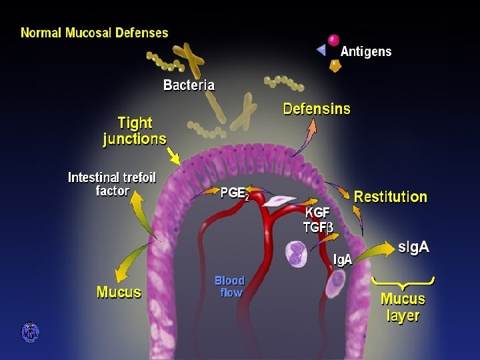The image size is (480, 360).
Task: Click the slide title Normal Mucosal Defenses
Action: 95,32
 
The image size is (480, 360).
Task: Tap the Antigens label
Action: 366,51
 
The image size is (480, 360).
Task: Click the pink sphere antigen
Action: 333,40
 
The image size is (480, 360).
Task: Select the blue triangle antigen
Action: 321,50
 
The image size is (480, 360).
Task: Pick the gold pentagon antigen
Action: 335,66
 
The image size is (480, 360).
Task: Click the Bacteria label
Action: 189,85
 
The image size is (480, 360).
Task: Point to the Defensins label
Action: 317,109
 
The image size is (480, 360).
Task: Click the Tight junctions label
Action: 135,131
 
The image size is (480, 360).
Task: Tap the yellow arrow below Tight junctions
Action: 174,157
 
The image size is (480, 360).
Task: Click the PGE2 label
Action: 235,194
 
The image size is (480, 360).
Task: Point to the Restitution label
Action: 390,197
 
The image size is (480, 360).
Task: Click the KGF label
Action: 317,213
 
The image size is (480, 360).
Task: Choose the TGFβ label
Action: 318,227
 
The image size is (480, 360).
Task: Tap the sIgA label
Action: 413,247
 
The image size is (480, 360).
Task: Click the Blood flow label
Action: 229,286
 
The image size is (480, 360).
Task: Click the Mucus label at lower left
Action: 119,292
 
